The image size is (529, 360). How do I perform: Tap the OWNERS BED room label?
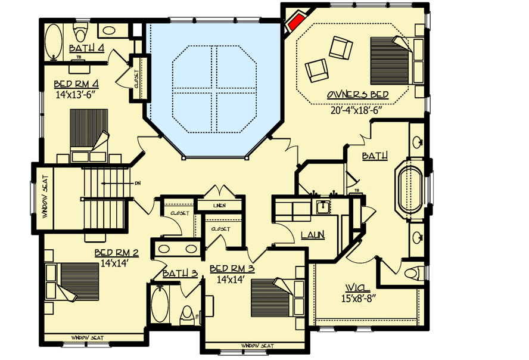pyautogui.click(x=357, y=95)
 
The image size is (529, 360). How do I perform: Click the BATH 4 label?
pyautogui.click(x=86, y=48)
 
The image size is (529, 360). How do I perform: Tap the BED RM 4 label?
pyautogui.click(x=76, y=84)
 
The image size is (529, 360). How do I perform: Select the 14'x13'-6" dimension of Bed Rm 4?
pyautogui.click(x=76, y=94)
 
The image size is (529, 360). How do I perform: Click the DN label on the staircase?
pyautogui.click(x=138, y=183)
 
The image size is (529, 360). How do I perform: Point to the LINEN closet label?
pyautogui.click(x=219, y=206)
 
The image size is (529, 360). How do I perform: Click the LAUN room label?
pyautogui.click(x=312, y=235)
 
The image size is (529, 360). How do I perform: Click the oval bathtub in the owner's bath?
pyautogui.click(x=410, y=190)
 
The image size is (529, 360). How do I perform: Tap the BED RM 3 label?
pyautogui.click(x=232, y=269)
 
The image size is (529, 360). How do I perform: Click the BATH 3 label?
pyautogui.click(x=180, y=274)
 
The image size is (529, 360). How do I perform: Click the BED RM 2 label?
pyautogui.click(x=116, y=253)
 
